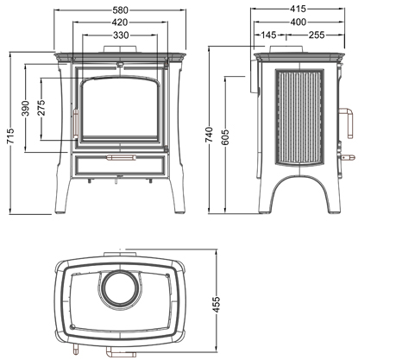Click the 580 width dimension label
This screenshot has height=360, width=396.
pos(120,10)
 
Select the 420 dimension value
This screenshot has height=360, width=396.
pos(120,22)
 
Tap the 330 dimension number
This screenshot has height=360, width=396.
pos(121,35)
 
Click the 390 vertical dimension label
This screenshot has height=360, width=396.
pos(26,108)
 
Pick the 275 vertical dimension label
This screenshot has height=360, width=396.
pos(41,107)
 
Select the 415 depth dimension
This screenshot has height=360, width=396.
pos(298,9)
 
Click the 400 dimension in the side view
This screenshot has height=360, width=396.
pos(299,22)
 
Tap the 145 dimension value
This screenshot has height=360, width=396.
pos(268,35)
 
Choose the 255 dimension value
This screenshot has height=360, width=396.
pos(317,35)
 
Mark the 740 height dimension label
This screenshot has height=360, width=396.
pos(210,135)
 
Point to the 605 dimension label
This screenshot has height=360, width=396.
pos(226,137)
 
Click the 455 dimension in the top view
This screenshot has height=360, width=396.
pos(216,304)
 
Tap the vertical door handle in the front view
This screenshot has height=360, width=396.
pos(76,123)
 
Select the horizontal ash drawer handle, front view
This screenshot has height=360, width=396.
pos(121,157)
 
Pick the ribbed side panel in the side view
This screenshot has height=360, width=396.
pos(299,117)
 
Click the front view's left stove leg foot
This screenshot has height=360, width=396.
pos(60,212)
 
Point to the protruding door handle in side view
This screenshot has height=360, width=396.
pos(347,123)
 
